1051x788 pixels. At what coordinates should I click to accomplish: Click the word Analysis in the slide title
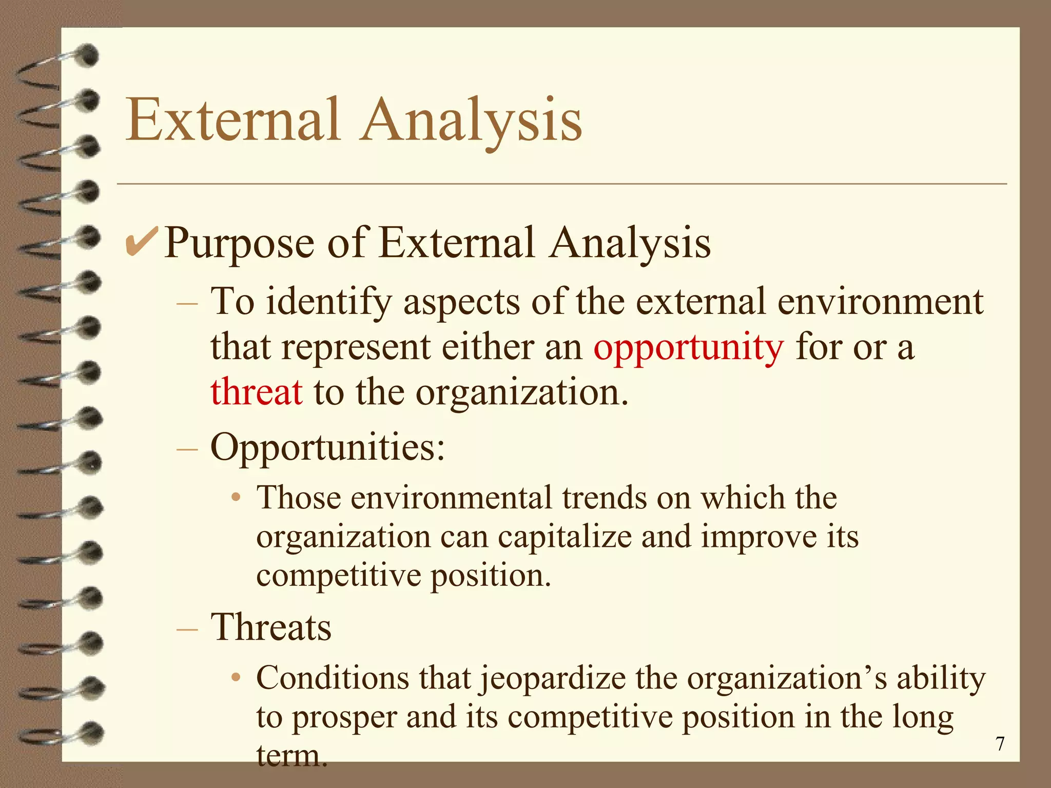click(471, 121)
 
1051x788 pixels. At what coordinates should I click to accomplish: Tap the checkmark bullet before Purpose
click(141, 243)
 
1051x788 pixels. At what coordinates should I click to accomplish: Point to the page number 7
click(1000, 743)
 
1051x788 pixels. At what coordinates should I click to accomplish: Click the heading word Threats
click(271, 627)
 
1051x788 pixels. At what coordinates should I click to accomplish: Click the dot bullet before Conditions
click(236, 678)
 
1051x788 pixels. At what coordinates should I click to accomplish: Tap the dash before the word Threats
click(187, 628)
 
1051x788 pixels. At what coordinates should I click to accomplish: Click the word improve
click(758, 538)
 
